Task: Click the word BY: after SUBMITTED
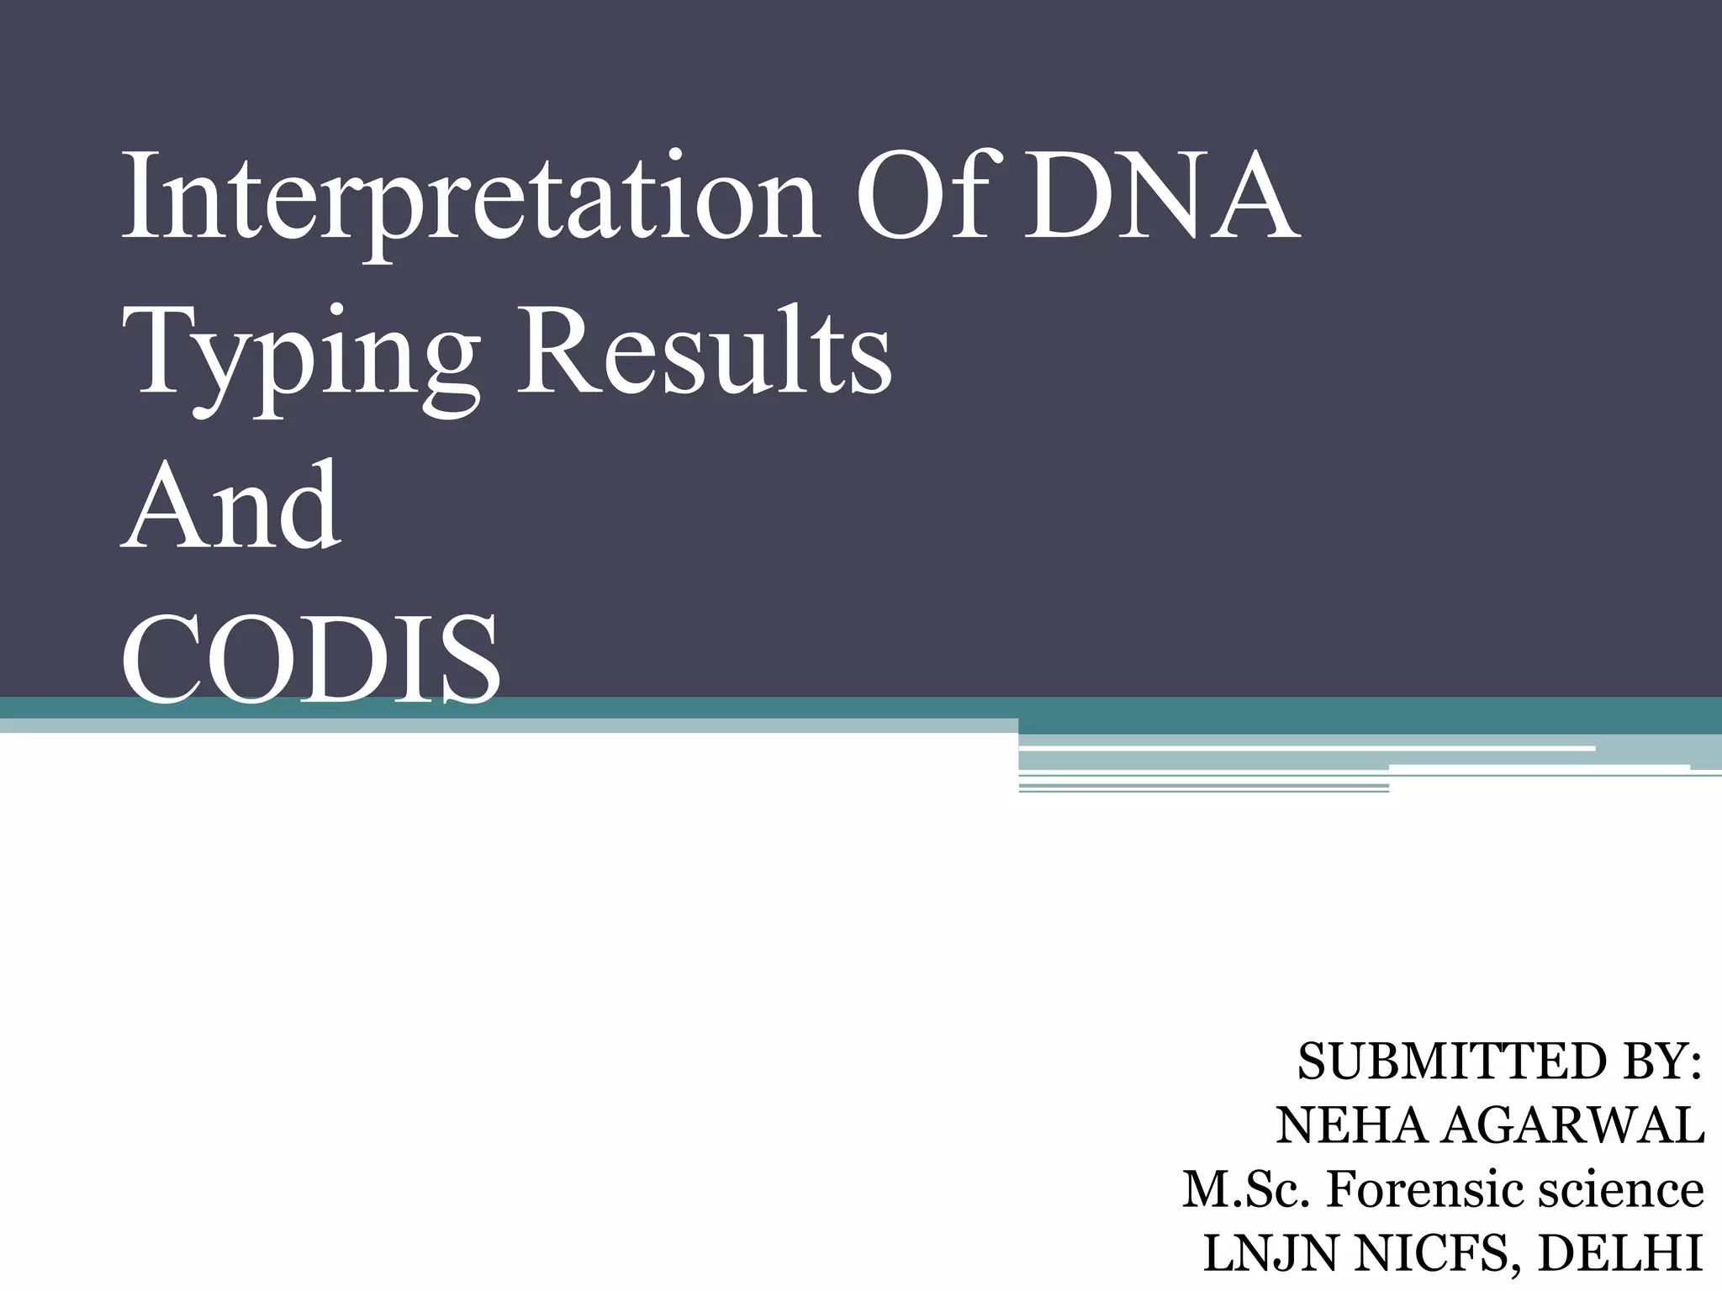pyautogui.click(x=1660, y=1062)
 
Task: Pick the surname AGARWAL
pyautogui.click(x=1572, y=1126)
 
